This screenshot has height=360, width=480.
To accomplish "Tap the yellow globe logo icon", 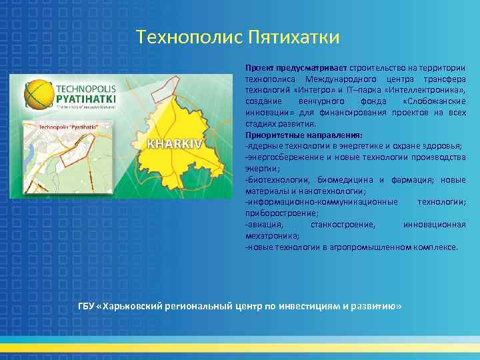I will [x=38, y=94].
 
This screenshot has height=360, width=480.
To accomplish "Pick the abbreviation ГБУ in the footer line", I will [x=87, y=306].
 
